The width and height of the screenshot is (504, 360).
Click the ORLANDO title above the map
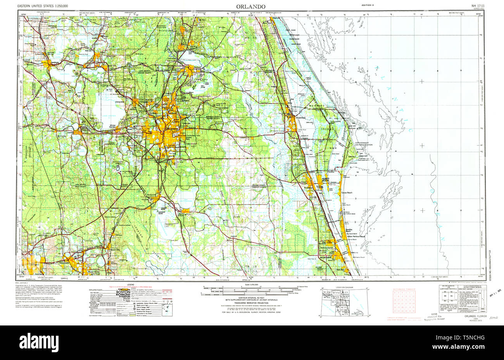click(x=251, y=7)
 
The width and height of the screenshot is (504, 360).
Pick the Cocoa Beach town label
click(x=346, y=193)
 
